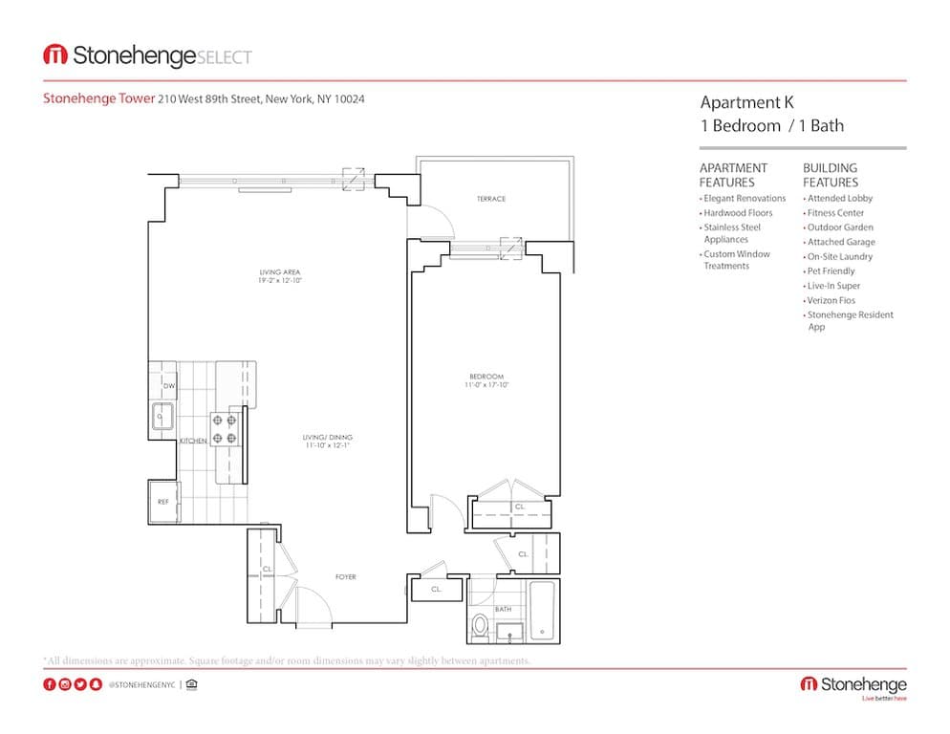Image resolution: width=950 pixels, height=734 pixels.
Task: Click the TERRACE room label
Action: click(x=490, y=199)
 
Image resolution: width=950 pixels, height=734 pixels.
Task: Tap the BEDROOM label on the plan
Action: click(x=486, y=377)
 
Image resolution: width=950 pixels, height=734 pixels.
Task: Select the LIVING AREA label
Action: click(x=279, y=272)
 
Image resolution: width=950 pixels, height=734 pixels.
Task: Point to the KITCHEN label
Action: click(x=194, y=441)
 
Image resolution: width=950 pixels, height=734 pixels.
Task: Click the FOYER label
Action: click(x=345, y=577)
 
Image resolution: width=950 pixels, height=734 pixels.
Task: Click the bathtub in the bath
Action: click(x=542, y=611)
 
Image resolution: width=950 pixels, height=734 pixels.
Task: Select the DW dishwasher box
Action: click(x=168, y=386)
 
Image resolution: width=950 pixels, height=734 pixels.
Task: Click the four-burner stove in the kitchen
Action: click(x=225, y=429)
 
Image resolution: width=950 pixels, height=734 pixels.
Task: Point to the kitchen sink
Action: click(x=162, y=417)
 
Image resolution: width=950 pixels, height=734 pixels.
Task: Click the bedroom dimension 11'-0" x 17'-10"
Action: click(x=486, y=386)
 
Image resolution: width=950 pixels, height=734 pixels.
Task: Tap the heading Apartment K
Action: click(x=746, y=103)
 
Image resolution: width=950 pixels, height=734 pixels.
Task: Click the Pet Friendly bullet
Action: click(x=831, y=271)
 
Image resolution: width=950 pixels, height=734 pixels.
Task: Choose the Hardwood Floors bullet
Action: click(x=737, y=213)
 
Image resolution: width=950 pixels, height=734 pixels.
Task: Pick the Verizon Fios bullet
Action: click(x=831, y=300)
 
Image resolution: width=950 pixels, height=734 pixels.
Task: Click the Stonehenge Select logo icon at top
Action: click(x=55, y=55)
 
